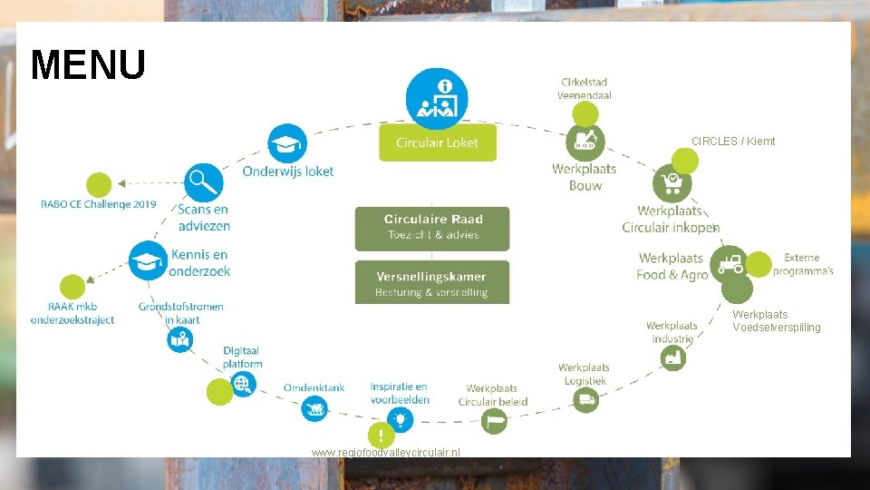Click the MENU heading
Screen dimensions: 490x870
(88, 65)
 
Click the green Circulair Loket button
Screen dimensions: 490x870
(437, 142)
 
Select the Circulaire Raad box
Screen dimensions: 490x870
(432, 227)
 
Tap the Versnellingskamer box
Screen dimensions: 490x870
(432, 282)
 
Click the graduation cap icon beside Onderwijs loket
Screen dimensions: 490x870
(287, 142)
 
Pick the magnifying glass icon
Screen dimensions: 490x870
(203, 182)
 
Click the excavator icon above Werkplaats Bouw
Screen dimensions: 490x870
(585, 142)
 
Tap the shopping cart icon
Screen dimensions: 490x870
(672, 183)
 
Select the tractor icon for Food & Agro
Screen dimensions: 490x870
(729, 264)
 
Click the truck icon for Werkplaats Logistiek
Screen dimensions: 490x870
(585, 398)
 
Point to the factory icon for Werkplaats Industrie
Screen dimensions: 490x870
(672, 358)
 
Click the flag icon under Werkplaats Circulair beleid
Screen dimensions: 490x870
(494, 420)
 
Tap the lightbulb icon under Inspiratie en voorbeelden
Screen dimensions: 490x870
(400, 418)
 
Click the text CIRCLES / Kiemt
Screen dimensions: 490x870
(733, 142)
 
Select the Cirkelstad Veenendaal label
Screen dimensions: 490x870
(585, 89)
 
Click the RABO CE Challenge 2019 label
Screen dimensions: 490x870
(99, 204)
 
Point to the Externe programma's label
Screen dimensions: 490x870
(803, 264)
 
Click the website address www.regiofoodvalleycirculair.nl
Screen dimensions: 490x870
(385, 452)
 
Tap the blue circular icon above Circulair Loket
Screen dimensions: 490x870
(437, 99)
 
